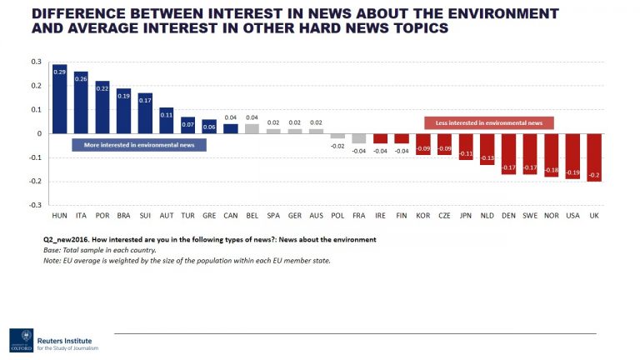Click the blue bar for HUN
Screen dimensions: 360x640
tap(59, 99)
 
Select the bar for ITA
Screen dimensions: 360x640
tap(81, 102)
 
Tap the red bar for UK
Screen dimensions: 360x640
tap(594, 157)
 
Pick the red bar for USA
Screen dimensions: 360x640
tap(572, 156)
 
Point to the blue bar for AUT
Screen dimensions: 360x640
tap(167, 121)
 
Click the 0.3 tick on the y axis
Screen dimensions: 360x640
tap(36, 62)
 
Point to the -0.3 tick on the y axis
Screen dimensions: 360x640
tap(34, 205)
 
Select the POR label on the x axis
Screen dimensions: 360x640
tap(102, 216)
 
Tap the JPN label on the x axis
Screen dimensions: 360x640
tap(466, 216)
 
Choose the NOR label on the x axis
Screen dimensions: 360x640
tap(552, 216)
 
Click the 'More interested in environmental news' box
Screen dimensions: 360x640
tap(139, 145)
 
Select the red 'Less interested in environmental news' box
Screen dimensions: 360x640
tap(489, 122)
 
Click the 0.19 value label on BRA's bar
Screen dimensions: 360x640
tap(123, 96)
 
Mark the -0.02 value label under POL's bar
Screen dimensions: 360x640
tap(337, 146)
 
